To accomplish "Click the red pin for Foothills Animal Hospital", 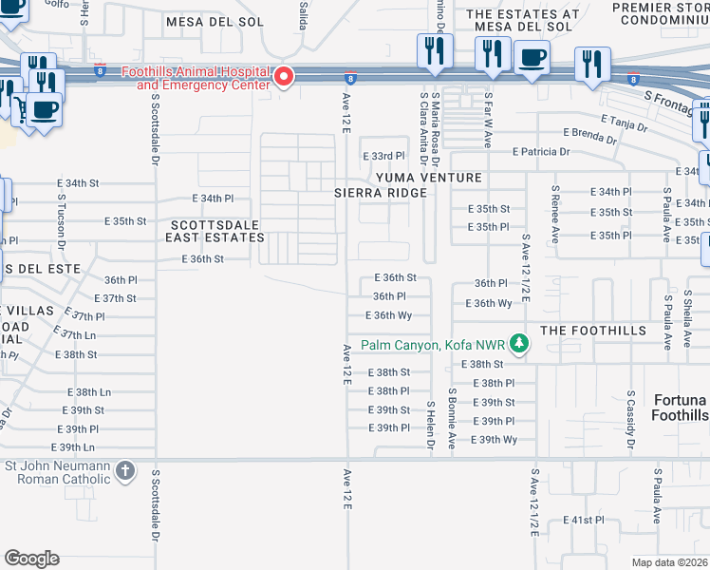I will (x=284, y=76).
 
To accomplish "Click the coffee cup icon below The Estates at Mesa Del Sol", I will (x=532, y=56).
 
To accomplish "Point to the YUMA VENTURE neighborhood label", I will (x=428, y=178).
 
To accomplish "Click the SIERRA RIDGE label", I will (x=378, y=192).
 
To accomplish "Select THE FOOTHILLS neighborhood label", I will (x=593, y=330).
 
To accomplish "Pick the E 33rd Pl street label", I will (x=383, y=155).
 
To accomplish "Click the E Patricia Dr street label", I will (x=541, y=151).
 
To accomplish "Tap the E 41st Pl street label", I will (x=583, y=520).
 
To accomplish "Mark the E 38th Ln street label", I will (x=89, y=391).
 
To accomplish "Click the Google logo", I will (x=31, y=558).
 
